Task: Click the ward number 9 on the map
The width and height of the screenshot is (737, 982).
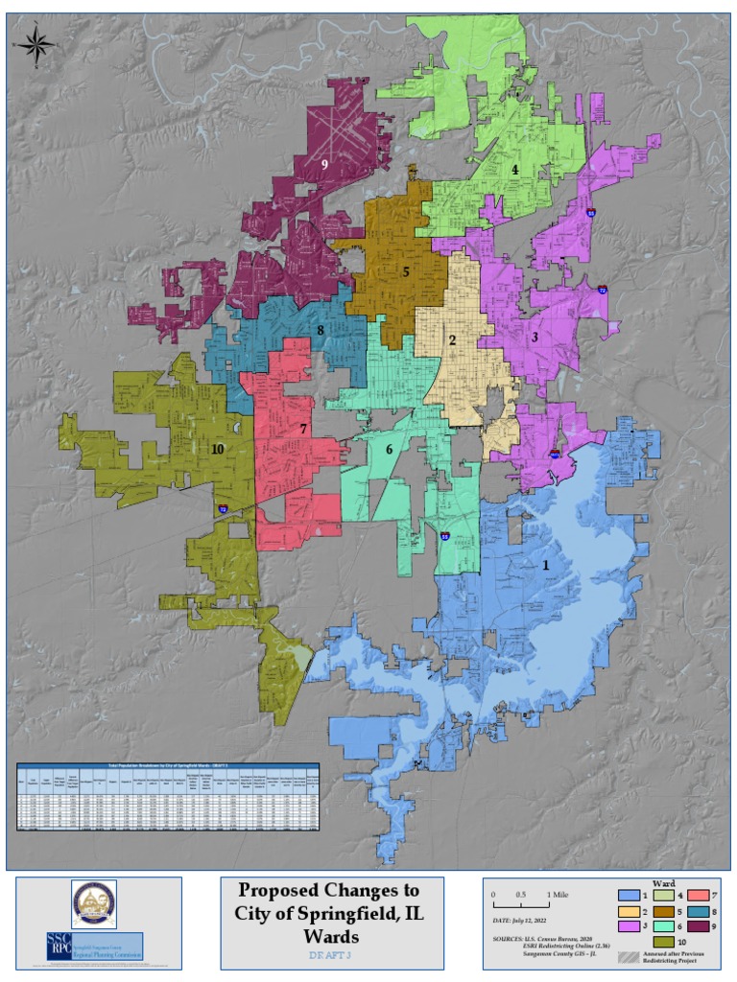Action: coord(325,165)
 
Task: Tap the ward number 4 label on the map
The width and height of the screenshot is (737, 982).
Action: coord(515,170)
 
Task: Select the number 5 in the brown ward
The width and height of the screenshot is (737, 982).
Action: coord(406,272)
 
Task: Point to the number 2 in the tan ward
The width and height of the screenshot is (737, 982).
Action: coord(451,340)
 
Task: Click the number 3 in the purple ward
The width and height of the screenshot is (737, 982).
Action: coord(534,338)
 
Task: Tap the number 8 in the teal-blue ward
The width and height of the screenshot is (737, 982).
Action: coord(321,331)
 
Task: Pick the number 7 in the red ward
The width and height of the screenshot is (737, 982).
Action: coord(303,430)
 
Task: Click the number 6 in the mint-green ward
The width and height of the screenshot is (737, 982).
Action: coord(390,450)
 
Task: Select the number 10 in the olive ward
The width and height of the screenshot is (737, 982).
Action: coord(218,448)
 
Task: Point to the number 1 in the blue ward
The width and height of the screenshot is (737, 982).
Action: coord(546,566)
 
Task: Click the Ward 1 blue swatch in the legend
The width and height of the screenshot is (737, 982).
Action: coord(630,895)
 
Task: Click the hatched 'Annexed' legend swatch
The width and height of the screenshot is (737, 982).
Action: coord(630,958)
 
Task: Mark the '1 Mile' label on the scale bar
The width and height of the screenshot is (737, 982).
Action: coord(557,895)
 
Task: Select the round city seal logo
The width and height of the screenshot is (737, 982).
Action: coord(94,903)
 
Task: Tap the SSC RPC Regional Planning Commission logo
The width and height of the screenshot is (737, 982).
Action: coord(94,947)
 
